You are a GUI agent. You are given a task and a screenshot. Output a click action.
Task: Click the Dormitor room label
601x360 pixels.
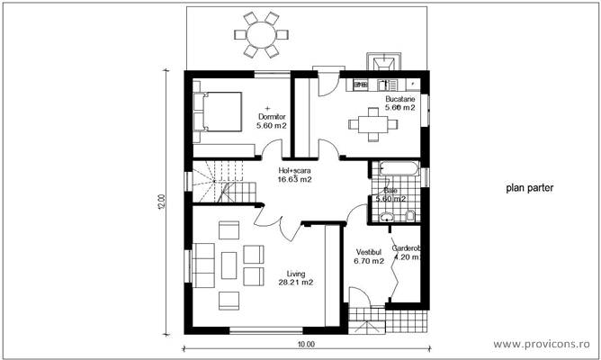pyautogui.click(x=271, y=117)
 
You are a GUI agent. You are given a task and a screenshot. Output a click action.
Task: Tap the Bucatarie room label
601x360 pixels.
pyautogui.click(x=400, y=98)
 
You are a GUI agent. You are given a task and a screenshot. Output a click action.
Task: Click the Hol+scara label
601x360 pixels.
pyautogui.click(x=294, y=170)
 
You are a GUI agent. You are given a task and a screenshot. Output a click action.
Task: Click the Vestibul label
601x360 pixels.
pyautogui.click(x=369, y=251)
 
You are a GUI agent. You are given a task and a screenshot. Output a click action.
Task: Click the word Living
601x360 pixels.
pyautogui.click(x=295, y=273)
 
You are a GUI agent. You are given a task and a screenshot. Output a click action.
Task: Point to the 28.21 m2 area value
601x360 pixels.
pyautogui.click(x=295, y=283)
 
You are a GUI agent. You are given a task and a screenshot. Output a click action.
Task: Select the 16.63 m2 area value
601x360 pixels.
pyautogui.click(x=294, y=179)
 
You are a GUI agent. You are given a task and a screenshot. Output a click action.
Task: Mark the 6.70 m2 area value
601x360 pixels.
pyautogui.click(x=369, y=261)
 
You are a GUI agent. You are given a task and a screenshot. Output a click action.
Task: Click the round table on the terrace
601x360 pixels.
pyautogui.click(x=263, y=34)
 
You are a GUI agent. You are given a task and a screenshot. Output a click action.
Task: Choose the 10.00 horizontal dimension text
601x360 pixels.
pyautogui.click(x=306, y=344)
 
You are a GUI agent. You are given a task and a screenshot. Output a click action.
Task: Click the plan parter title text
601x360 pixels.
pyautogui.click(x=529, y=189)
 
